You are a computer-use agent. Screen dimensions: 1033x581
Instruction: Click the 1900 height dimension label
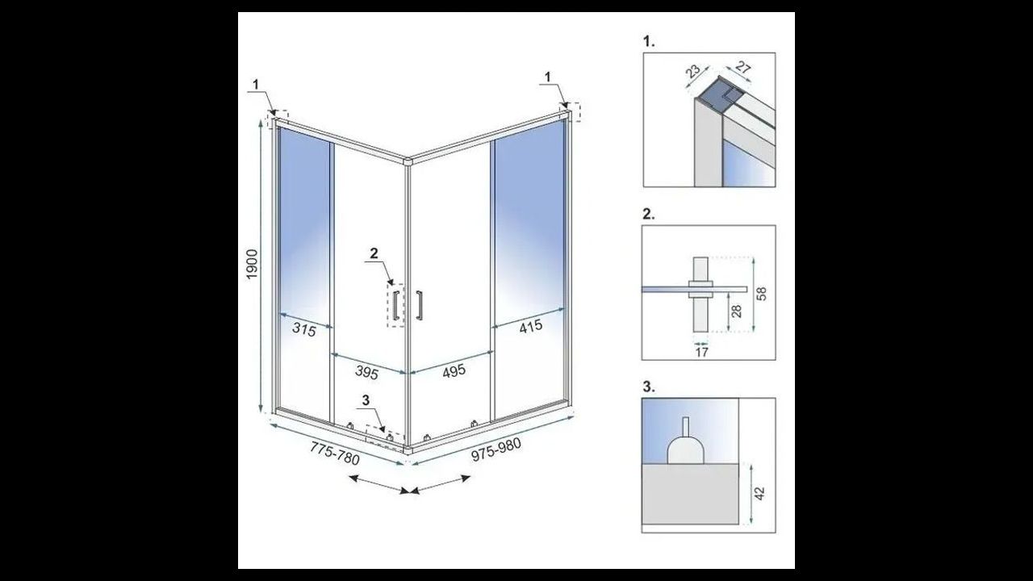(x=252, y=264)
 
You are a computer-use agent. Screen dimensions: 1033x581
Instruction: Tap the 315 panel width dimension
(x=304, y=330)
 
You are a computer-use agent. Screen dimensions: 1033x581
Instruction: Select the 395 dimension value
(x=366, y=372)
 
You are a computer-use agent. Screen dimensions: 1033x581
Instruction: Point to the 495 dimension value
(x=454, y=371)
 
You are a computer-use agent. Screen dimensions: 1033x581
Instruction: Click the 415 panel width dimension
(x=531, y=327)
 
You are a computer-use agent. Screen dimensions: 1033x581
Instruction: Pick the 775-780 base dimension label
(x=335, y=454)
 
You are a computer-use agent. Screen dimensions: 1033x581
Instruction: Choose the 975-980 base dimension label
(x=496, y=449)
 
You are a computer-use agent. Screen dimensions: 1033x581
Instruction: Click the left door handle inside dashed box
(x=395, y=306)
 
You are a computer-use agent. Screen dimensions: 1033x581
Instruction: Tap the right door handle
(x=419, y=305)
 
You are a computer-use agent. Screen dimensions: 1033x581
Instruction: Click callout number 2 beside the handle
(x=374, y=253)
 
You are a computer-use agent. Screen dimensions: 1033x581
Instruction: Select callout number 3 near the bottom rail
(x=366, y=400)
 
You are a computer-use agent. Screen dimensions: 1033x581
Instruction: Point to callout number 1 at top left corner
(x=256, y=85)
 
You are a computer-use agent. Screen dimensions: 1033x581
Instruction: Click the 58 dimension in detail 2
(x=762, y=294)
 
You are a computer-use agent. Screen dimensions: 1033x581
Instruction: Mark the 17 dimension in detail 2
(x=701, y=353)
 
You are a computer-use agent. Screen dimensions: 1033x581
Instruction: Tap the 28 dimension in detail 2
(x=737, y=311)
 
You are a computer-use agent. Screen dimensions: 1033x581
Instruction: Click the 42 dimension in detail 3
(x=761, y=493)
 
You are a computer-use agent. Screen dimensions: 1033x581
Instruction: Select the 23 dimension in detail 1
(x=692, y=72)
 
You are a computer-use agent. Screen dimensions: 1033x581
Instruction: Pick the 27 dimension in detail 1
(x=743, y=68)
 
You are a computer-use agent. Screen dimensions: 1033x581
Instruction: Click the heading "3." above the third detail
(x=649, y=387)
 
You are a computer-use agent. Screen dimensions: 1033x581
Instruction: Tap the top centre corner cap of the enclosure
(x=408, y=161)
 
